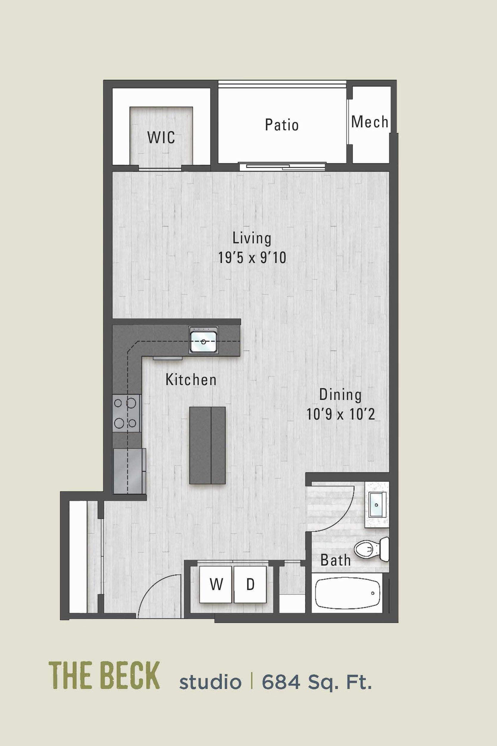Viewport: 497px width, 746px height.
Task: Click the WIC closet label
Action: pos(161,137)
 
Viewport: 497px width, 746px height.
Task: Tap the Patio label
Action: pos(282,125)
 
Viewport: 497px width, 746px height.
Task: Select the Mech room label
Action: pos(370,122)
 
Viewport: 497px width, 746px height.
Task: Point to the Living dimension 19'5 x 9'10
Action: pos(252,258)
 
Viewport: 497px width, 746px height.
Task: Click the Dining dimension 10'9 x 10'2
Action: pos(340,414)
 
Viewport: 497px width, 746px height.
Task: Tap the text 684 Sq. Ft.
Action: pos(317,682)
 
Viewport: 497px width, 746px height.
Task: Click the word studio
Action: pos(210,682)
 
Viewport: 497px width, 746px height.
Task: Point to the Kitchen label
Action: pos(191,380)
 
